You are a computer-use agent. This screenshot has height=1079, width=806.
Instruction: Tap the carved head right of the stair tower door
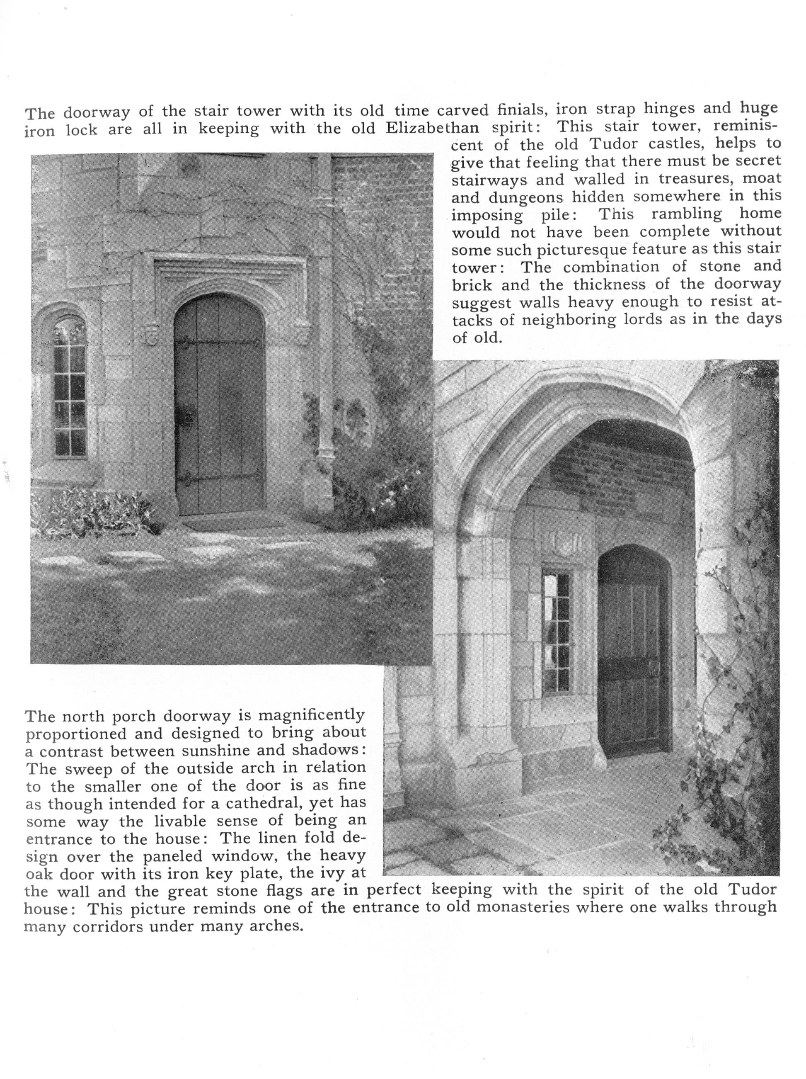tap(303, 332)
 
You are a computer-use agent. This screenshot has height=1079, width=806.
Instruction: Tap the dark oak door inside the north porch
tap(632, 654)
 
